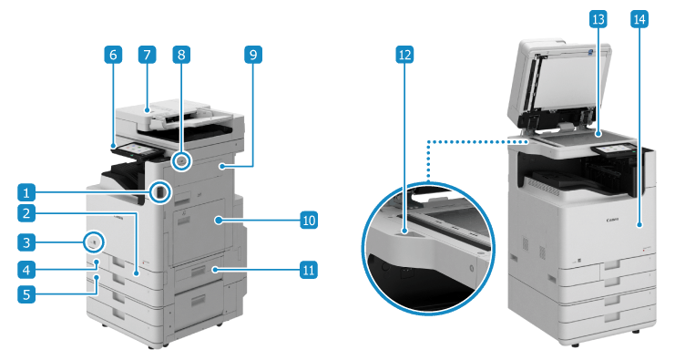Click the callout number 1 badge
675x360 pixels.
click(26, 192)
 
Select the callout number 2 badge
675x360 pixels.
click(26, 212)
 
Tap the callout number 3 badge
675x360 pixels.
click(26, 242)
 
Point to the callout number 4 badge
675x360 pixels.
click(26, 270)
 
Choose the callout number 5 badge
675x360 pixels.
click(26, 294)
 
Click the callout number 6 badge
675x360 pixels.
click(113, 55)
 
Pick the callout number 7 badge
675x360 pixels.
click(147, 55)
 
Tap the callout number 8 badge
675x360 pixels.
click(181, 55)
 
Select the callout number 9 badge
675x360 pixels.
click(253, 55)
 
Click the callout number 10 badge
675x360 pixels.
click(309, 220)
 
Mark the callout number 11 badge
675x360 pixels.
click(309, 270)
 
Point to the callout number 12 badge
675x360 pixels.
click(404, 55)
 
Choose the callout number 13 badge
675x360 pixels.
click(598, 19)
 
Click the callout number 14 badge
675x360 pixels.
click(639, 19)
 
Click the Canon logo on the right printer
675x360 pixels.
click(612, 220)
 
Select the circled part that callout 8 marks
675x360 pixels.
click(181, 161)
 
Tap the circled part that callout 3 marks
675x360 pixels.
click(94, 242)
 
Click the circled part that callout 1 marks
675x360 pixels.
click(160, 192)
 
